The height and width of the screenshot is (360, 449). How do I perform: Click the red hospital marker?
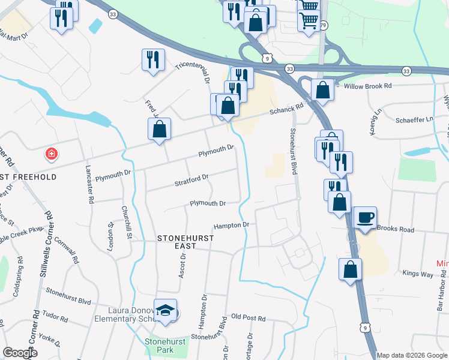tap(52, 154)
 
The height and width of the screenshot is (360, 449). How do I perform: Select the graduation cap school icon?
tap(165, 310)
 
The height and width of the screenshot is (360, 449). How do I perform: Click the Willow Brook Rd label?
tap(368, 86)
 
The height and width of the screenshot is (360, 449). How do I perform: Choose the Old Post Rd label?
tap(248, 317)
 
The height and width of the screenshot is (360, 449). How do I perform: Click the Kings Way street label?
tap(419, 274)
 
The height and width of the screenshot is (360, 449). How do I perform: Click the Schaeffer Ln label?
tap(414, 119)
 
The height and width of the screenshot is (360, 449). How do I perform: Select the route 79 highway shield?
tap(324, 25)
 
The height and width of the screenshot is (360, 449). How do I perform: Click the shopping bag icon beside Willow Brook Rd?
tap(322, 90)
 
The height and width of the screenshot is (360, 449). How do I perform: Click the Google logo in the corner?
tap(20, 353)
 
